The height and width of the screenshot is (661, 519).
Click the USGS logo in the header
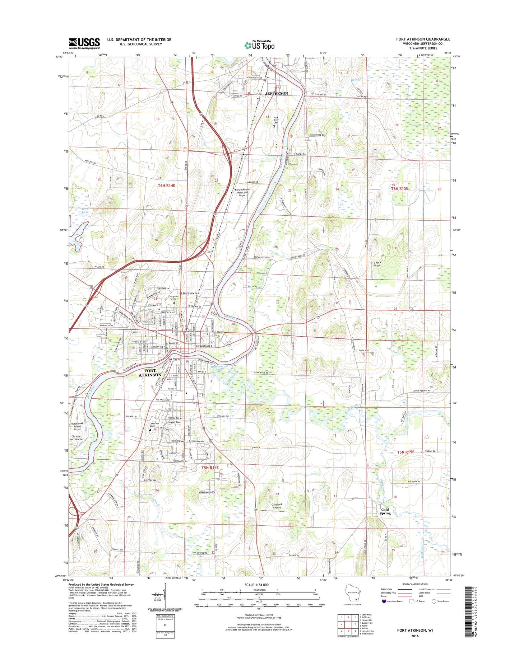(x=84, y=43)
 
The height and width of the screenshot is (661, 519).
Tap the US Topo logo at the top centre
(x=259, y=46)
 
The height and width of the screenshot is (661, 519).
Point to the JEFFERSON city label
(x=276, y=93)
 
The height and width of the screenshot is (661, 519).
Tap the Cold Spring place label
(x=385, y=511)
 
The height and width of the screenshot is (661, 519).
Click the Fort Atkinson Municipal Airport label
(x=242, y=193)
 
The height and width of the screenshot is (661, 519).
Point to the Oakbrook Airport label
(x=277, y=506)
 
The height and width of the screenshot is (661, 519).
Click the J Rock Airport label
(x=377, y=264)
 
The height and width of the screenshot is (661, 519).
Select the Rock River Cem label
(x=276, y=120)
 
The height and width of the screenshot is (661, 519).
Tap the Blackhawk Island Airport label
(x=78, y=426)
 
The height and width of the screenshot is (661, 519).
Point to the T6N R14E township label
(x=166, y=186)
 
